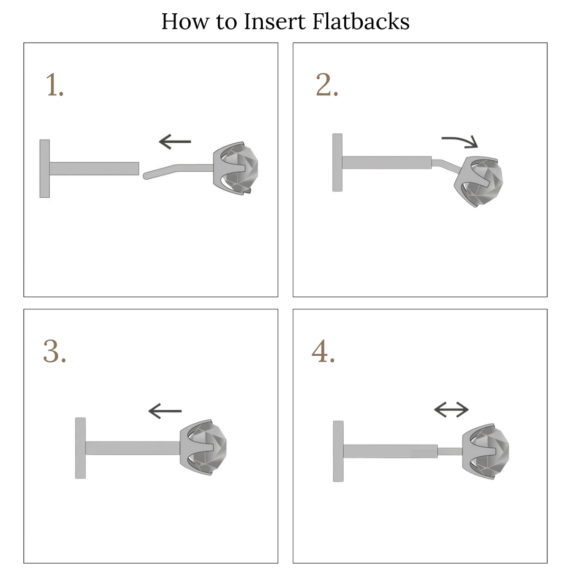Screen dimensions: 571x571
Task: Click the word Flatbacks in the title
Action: [361, 21]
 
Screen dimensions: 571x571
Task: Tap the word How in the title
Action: [185, 21]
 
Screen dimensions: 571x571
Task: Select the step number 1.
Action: [54, 85]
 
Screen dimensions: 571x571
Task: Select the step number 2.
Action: [327, 85]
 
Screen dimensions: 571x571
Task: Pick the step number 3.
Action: [54, 351]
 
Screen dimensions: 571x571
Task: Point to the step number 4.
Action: [323, 351]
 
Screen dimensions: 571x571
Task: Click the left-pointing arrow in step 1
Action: [175, 142]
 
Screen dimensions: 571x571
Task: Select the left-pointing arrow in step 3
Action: [165, 411]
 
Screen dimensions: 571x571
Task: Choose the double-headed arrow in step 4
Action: [452, 410]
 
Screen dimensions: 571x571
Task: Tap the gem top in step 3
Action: [203, 447]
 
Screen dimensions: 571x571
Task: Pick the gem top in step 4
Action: [486, 452]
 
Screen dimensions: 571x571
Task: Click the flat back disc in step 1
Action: [44, 169]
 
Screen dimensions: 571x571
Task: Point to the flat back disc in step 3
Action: [80, 448]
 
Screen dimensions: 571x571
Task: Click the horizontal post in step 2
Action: [386, 162]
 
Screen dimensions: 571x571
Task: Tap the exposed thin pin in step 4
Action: [450, 452]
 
